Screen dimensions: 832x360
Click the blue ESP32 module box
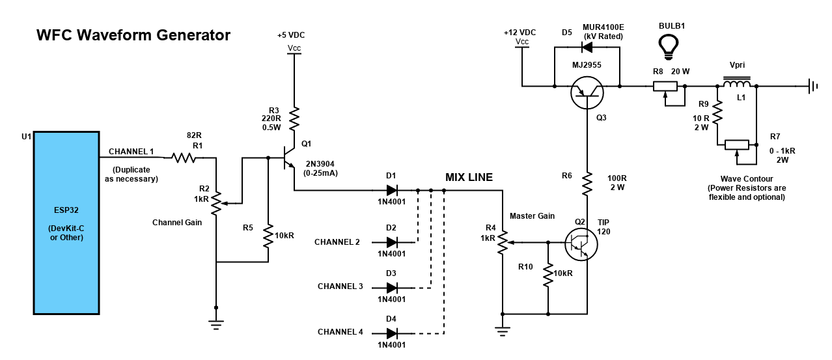click(x=66, y=223)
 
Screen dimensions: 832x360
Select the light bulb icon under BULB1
click(x=669, y=47)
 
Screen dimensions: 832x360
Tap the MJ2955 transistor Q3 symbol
click(x=587, y=92)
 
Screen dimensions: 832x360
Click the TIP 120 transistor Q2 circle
click(x=581, y=245)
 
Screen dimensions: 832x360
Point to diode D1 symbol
click(x=392, y=191)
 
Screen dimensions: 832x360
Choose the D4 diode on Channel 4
click(x=392, y=333)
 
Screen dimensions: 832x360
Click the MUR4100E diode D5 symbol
click(x=587, y=47)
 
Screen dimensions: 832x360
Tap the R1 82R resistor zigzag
click(x=184, y=158)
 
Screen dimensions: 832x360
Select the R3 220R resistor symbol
click(x=294, y=118)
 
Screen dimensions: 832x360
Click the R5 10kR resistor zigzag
click(x=268, y=236)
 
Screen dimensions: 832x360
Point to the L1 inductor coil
click(x=737, y=83)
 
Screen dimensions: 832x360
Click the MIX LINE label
click(x=469, y=177)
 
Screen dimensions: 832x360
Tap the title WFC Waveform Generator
click(x=133, y=35)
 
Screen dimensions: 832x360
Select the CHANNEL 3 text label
click(x=340, y=286)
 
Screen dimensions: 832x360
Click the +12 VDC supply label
click(x=520, y=33)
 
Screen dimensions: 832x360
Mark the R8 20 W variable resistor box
click(x=665, y=87)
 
